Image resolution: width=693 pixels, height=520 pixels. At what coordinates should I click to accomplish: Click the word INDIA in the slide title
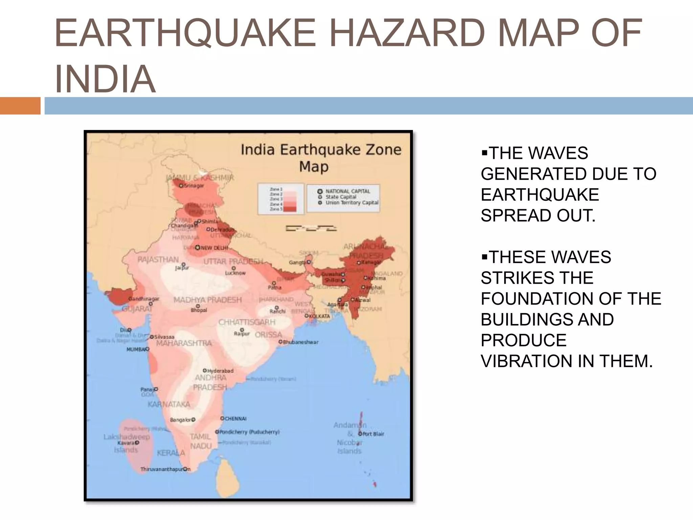[105, 79]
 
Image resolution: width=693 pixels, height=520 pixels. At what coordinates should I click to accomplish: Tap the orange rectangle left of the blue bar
[20, 106]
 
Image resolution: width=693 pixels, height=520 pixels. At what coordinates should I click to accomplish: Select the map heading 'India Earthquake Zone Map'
[320, 158]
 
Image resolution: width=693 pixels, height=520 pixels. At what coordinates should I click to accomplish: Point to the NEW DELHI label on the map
[215, 248]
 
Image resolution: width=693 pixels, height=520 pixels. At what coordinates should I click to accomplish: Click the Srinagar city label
[194, 186]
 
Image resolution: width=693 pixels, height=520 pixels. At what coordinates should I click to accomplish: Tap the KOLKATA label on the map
[319, 316]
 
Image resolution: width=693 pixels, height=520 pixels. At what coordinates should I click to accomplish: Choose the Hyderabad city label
[220, 371]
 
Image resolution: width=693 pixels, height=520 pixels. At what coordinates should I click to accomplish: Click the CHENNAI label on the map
[236, 419]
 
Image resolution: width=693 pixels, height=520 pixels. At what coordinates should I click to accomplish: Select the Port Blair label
[373, 434]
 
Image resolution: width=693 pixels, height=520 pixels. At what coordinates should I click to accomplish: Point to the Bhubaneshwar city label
[300, 342]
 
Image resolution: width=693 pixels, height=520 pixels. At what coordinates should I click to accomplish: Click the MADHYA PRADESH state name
[207, 300]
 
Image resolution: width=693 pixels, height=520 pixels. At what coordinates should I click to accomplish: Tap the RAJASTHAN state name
[158, 260]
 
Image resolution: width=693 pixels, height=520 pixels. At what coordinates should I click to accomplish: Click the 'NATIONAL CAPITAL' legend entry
[348, 191]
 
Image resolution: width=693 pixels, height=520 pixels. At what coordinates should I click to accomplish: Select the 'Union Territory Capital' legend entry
[352, 202]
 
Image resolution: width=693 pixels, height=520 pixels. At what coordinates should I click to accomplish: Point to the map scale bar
[311, 229]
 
